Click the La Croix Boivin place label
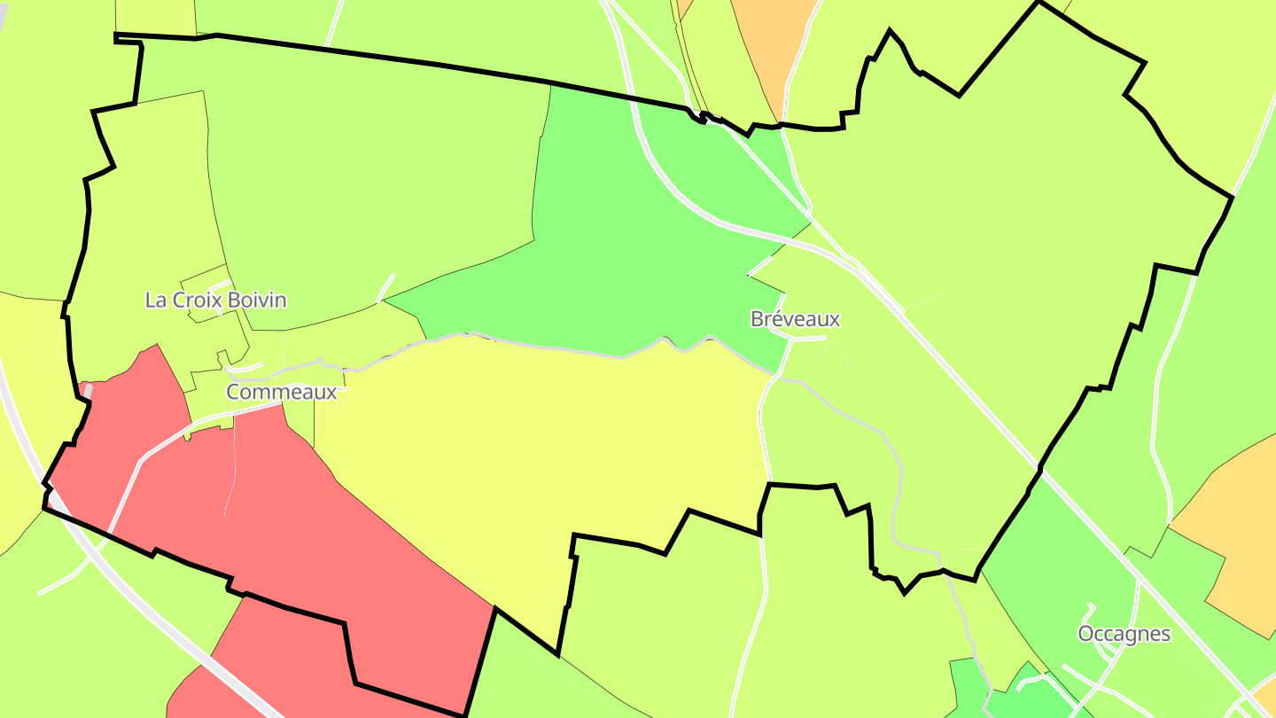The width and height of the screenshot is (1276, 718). [x=215, y=300]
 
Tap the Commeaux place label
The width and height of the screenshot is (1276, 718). [x=282, y=392]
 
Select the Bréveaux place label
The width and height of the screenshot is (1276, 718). [x=795, y=319]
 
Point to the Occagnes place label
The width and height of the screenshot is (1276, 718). [x=1124, y=634]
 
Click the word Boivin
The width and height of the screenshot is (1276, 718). [x=257, y=300]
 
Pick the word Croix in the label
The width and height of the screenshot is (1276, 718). [x=197, y=300]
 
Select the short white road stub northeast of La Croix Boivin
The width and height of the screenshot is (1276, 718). [x=386, y=287]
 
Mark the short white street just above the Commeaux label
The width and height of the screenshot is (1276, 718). [x=246, y=366]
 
